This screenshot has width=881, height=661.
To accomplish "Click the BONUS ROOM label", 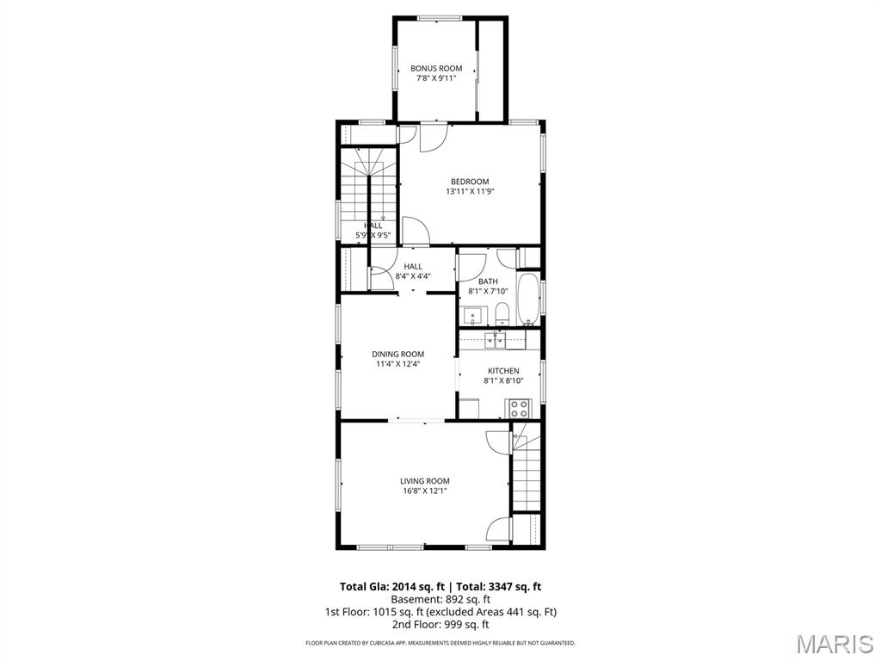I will point(436,68).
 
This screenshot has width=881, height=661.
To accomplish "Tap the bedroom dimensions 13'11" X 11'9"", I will point(470,191).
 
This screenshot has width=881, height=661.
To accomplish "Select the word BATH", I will point(488,281).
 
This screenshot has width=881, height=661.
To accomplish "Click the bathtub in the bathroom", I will point(527,299).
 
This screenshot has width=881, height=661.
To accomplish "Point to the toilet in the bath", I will point(503,313).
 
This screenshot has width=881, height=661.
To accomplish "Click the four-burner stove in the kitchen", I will point(519,407).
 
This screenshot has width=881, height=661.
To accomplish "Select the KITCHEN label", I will point(503,371).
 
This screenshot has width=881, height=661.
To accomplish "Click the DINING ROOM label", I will point(397,354).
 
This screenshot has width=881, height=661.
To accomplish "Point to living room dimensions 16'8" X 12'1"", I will point(424,491).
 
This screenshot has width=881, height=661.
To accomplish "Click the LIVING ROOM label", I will point(424,481).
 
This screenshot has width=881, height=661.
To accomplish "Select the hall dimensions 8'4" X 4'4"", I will point(412,276).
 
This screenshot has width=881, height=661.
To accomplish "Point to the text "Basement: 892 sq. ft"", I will point(440,599).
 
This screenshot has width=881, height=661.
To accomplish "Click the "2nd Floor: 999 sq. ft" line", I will point(440,624).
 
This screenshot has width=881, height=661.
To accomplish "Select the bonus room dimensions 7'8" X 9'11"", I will point(436,78).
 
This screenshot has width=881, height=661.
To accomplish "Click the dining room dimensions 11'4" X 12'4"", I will point(397,363).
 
